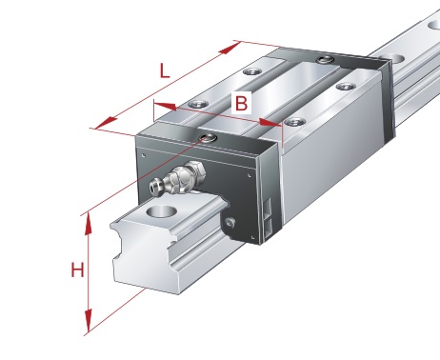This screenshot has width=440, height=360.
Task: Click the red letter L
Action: click(165, 70)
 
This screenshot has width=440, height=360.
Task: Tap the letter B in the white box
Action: click(241, 103)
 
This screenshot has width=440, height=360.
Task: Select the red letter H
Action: click(77, 270)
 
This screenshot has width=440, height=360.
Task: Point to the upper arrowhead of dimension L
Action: click(230, 49)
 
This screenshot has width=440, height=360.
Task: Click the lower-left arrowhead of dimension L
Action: click(106, 123)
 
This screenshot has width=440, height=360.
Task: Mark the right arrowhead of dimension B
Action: click(270, 123)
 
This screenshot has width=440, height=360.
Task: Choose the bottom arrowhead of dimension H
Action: click(89, 321)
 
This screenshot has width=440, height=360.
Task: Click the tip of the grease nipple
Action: click(154, 187)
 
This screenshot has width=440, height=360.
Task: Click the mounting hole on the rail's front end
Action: click(162, 210)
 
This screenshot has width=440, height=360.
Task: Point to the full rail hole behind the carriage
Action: click(392, 59)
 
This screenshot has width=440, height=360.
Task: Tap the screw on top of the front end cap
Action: click(209, 138)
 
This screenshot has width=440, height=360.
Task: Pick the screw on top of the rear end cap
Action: click(324, 59)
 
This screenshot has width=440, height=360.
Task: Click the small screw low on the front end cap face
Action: click(230, 223)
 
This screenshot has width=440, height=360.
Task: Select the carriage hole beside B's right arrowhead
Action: click(295, 122)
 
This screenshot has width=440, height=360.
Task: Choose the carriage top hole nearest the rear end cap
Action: click(346, 87)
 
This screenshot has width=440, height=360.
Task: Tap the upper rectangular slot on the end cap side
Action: click(267, 209)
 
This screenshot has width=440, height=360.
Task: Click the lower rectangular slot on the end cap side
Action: click(268, 230)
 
